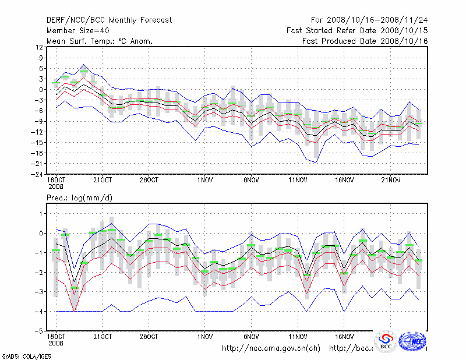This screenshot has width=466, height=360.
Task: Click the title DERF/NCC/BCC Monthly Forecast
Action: tap(109, 20)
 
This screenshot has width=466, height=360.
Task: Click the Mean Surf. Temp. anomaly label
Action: tap(100, 41)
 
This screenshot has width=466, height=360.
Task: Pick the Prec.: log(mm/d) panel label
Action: tap(79, 198)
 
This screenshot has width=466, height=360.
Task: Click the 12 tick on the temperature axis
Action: tap(39, 47)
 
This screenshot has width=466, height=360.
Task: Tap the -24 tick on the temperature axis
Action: tap(37, 174)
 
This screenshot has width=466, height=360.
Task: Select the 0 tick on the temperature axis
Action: tap(41, 90)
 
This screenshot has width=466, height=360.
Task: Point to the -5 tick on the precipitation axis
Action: tap(39, 331)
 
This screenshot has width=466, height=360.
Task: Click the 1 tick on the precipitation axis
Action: tap(41, 214)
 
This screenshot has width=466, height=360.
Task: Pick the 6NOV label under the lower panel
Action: tap(251, 337)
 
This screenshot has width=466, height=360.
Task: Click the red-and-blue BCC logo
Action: tap(386, 341)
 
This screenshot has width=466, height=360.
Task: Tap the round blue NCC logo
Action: tap(412, 341)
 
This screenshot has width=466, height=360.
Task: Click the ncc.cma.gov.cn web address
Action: tap(271, 348)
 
